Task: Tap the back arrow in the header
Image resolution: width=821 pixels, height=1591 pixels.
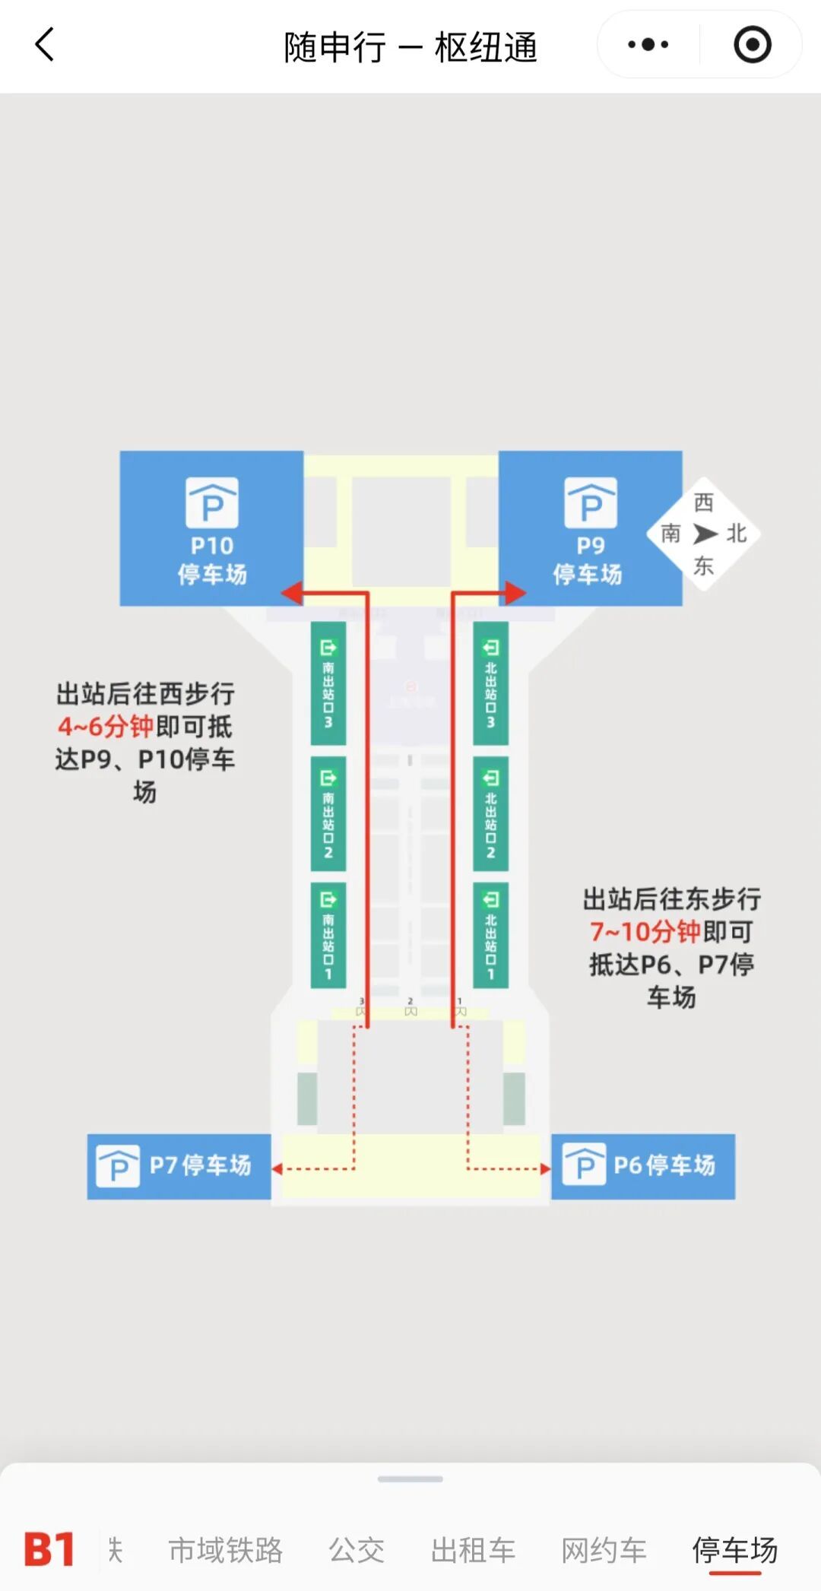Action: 45,45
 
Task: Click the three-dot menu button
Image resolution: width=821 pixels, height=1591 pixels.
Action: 648,45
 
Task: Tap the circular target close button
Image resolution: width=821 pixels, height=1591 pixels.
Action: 752,45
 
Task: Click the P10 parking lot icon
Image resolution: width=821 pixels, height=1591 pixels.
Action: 212,502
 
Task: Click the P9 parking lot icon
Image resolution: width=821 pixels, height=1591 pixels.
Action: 590,502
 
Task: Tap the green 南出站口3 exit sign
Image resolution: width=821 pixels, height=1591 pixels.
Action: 328,683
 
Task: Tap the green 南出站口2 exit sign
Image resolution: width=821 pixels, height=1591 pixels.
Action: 328,813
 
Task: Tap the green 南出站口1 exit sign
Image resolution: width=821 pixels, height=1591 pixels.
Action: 328,935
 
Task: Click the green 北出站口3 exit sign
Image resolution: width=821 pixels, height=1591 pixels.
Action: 490,683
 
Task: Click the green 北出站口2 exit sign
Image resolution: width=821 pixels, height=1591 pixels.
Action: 490,813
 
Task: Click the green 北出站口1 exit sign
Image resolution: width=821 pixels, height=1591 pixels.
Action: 490,935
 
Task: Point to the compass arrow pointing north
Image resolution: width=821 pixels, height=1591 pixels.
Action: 705,534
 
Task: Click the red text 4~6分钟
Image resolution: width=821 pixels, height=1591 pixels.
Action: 106,727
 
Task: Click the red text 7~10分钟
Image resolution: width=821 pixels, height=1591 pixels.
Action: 645,932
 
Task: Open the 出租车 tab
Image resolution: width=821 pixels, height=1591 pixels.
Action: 473,1550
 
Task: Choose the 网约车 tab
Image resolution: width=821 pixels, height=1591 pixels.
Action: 604,1550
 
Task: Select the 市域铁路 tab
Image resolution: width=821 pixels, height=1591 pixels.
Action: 225,1550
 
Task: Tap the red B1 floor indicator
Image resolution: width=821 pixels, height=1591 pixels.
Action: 49,1549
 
